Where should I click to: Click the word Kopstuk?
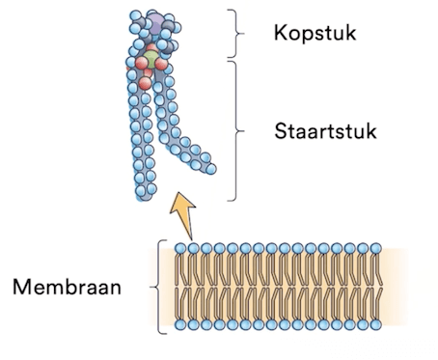click(x=315, y=33)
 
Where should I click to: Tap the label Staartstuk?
click(x=325, y=131)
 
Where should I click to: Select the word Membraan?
click(x=67, y=287)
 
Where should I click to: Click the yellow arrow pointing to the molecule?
click(x=184, y=215)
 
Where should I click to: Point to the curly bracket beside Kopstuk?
click(x=236, y=33)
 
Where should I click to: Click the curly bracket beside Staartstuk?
click(x=237, y=131)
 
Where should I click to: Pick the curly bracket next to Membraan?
click(x=157, y=287)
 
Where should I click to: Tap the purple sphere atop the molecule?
click(x=155, y=23)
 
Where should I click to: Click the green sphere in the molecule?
click(x=151, y=59)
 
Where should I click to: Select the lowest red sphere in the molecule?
click(x=145, y=83)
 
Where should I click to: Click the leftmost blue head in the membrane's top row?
click(x=180, y=248)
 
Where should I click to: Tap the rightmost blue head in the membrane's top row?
click(x=375, y=248)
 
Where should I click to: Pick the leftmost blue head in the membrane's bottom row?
click(x=180, y=324)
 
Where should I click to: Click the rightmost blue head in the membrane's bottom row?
click(x=375, y=324)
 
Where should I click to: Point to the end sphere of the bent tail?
click(x=211, y=169)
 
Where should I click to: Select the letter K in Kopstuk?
click(x=281, y=33)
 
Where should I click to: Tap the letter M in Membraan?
click(x=21, y=287)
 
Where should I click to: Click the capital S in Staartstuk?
click(x=282, y=131)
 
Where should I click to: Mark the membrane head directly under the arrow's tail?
click(x=193, y=248)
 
